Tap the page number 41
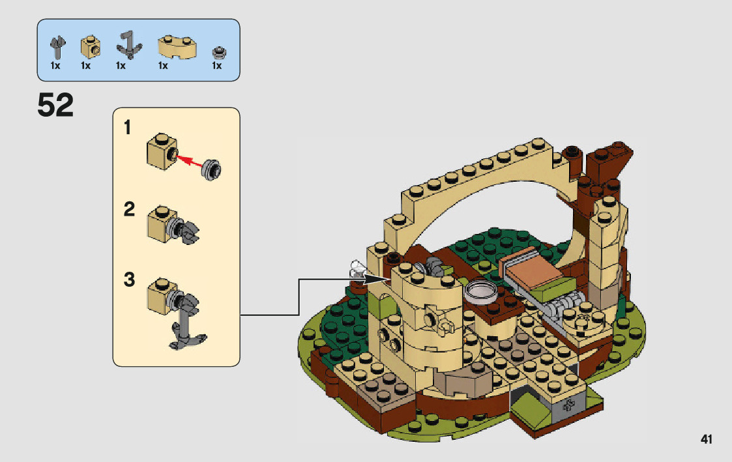click(707, 439)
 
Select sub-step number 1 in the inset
click(128, 128)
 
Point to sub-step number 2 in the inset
click(129, 210)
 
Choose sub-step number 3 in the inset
click(129, 280)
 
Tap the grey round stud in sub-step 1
click(212, 168)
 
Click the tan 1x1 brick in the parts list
click(90, 47)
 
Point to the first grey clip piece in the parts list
click(57, 46)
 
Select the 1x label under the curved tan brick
click(163, 66)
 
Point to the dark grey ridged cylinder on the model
click(565, 302)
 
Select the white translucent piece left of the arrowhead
click(357, 268)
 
